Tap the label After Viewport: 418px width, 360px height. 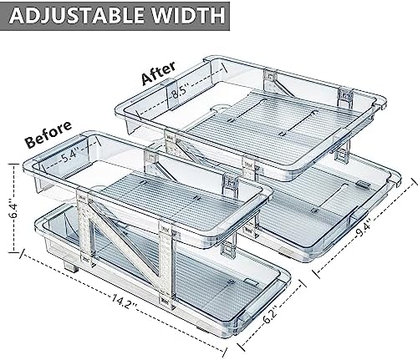159,73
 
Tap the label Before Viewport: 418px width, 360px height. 48,134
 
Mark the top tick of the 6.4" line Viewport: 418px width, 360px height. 13,165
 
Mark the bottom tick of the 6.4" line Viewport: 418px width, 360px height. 13,252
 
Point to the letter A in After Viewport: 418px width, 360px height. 147,79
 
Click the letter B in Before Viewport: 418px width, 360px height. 31,142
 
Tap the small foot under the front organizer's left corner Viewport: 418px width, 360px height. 71,266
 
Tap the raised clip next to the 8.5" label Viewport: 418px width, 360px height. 170,94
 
